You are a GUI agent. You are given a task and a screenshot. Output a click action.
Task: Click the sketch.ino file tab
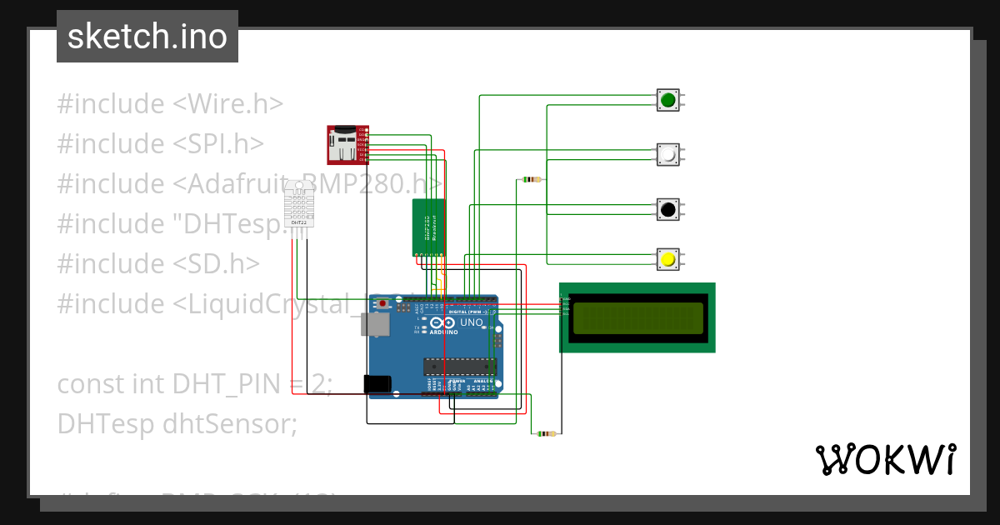coord(147,37)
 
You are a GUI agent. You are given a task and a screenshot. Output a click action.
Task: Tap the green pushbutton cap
coord(667,101)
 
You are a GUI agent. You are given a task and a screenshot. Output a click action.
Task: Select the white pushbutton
coord(667,155)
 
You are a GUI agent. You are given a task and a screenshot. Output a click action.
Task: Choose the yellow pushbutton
coord(667,259)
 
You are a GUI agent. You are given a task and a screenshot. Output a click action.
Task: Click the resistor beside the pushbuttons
coord(531,179)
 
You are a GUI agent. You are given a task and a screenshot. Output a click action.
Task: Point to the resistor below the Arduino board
coord(547,433)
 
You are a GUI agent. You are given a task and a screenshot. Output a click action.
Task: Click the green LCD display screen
coord(637,317)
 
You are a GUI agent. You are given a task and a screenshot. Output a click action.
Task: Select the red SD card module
coord(345,144)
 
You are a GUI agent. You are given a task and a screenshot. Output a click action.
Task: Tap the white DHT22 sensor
coord(299,207)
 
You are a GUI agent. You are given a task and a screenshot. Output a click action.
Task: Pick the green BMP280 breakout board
coord(429,227)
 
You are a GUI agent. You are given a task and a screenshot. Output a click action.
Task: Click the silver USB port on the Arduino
coord(375,324)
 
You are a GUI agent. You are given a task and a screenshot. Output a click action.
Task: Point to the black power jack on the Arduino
coord(377,384)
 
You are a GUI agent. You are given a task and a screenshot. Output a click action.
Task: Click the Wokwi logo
coord(885,459)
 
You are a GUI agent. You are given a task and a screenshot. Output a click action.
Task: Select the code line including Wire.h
coord(170,104)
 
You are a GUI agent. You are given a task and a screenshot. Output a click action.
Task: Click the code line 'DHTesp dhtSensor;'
coord(177,424)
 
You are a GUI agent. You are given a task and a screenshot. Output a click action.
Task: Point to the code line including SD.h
coord(158,264)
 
